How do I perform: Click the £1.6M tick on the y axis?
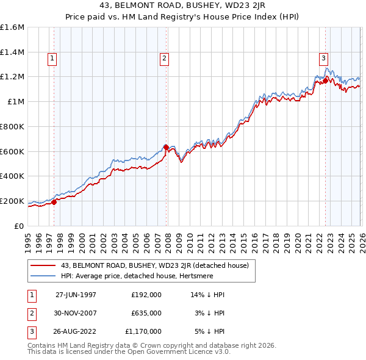(12, 27)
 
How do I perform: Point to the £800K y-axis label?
(12, 126)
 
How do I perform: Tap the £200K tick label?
(12, 201)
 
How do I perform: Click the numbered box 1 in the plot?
(52, 59)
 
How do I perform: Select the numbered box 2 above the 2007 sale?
(165, 59)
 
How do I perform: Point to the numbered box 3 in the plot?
(323, 59)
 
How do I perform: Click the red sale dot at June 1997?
(54, 202)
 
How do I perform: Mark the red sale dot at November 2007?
(166, 147)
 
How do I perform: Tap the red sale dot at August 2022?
(325, 80)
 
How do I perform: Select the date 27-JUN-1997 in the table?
(76, 295)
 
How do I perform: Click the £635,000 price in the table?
(146, 313)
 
